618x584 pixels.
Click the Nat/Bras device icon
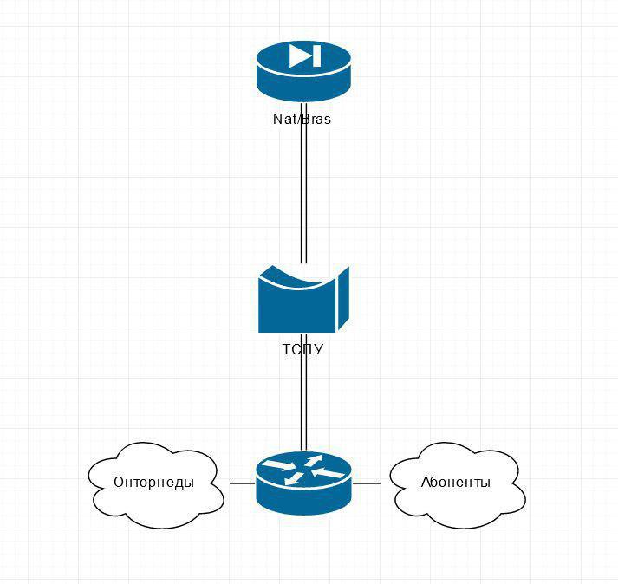(x=303, y=72)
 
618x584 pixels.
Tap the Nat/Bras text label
(x=302, y=119)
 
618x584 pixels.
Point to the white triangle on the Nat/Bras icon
(x=300, y=55)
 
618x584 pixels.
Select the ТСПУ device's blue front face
(x=296, y=308)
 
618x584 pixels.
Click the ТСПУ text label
(x=302, y=349)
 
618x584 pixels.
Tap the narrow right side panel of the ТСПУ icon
(x=343, y=298)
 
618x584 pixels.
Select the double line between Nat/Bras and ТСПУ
(x=303, y=183)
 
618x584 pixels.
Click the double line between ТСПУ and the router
(x=303, y=392)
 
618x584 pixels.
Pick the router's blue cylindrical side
(x=303, y=497)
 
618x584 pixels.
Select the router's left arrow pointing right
(x=279, y=465)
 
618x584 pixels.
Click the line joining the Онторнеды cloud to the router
(x=243, y=483)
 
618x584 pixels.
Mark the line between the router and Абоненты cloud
(x=366, y=483)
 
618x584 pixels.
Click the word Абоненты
(x=456, y=483)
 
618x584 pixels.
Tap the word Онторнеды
(x=153, y=483)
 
